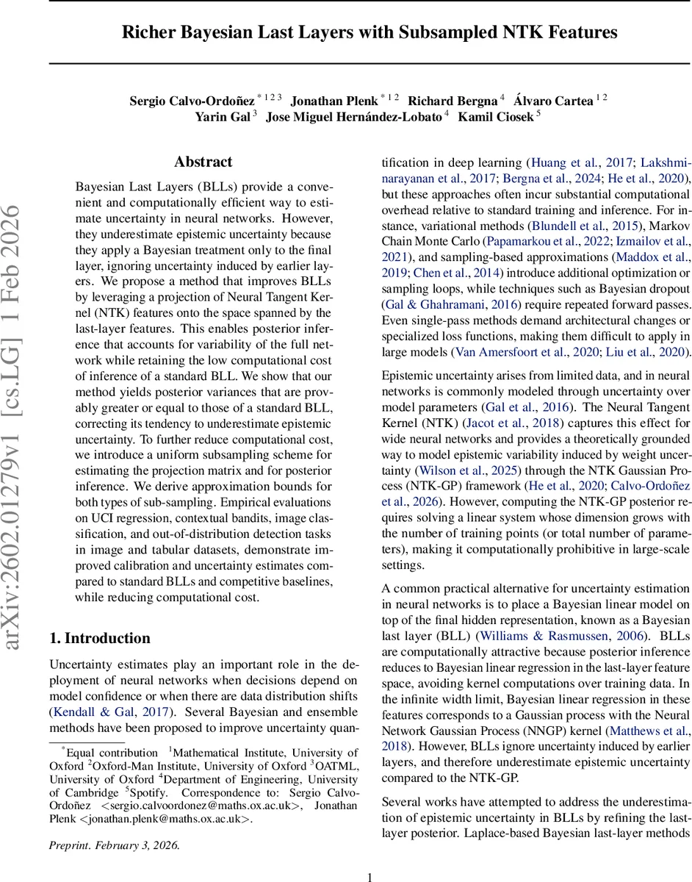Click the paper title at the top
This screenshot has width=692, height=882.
370,32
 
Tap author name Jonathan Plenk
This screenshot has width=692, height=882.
334,101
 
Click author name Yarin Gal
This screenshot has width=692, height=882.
222,116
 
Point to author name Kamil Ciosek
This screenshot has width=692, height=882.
496,116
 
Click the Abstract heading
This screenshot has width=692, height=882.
203,162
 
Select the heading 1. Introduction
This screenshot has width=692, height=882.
100,638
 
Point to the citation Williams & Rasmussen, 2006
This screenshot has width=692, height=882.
563,636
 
